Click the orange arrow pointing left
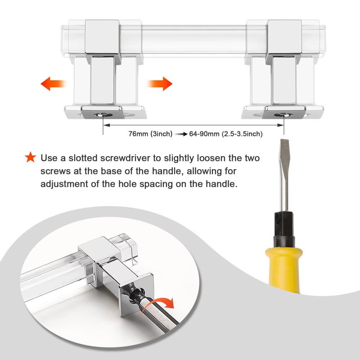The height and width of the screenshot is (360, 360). coord(53,84)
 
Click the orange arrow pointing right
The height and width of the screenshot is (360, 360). coord(160,84)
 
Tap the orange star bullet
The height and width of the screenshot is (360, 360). coord(31,157)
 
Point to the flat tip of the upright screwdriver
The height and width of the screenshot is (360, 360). coord(284,140)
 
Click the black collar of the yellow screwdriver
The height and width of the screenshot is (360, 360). coord(284,229)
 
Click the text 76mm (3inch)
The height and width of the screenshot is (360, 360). coord(150,134)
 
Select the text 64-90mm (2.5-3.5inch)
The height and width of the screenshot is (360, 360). coord(226,134)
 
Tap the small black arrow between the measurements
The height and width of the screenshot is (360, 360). coord(181,134)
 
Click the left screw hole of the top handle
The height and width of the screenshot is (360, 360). coord(103,115)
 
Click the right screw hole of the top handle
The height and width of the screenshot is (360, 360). coord(283,115)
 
